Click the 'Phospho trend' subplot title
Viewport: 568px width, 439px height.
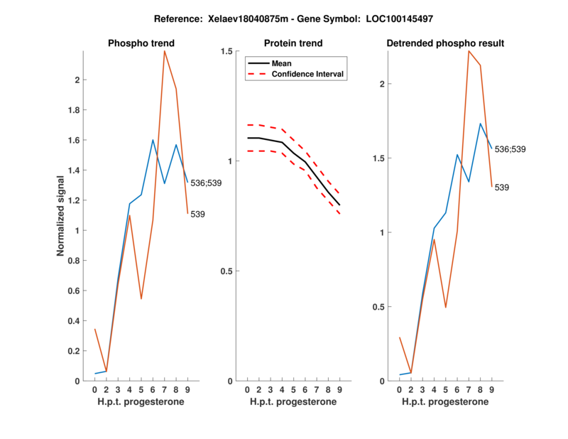141,43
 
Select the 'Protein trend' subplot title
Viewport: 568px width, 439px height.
293,43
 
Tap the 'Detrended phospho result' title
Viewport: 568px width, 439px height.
445,43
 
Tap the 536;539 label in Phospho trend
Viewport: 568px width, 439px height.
207,183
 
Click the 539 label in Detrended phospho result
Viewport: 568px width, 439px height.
502,188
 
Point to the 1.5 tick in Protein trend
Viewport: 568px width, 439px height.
227,51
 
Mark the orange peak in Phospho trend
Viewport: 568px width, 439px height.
165,51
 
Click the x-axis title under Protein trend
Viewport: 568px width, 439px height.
293,401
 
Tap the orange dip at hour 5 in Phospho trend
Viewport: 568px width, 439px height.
141,298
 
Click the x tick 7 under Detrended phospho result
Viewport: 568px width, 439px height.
469,389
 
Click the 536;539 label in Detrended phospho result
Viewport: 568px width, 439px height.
510,149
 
